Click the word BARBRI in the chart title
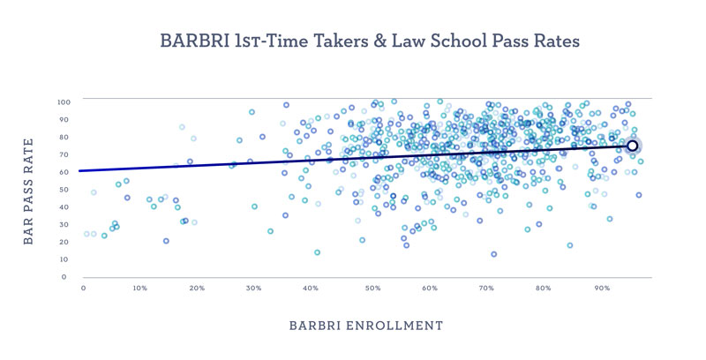(x=192, y=41)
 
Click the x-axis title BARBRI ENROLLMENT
(x=366, y=326)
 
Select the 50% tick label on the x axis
(x=372, y=288)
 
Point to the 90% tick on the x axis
(x=603, y=288)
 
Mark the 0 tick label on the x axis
(x=83, y=288)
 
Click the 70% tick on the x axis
(x=487, y=288)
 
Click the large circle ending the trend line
(x=632, y=146)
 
